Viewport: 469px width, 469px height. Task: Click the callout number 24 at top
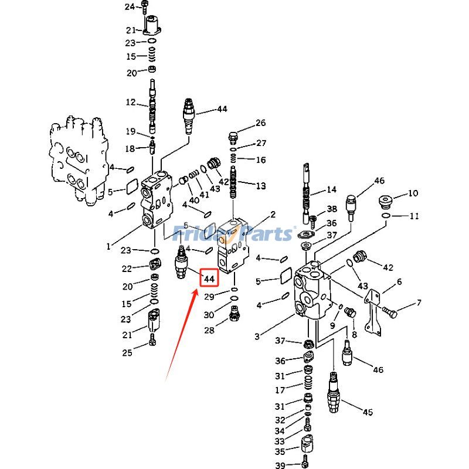coord(130,6)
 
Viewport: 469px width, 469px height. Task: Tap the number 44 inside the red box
coord(209,278)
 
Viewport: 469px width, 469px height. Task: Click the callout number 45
coord(368,412)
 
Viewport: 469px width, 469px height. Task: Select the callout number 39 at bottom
coord(280,465)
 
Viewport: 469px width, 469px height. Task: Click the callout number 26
coord(260,123)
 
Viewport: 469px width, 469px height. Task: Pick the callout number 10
coord(413,193)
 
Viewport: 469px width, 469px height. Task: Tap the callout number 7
coord(419,303)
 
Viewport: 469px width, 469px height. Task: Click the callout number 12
coord(130,103)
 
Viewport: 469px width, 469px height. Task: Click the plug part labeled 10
coord(386,201)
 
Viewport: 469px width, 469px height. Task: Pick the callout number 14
coord(332,189)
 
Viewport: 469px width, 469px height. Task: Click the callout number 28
coord(209,331)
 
